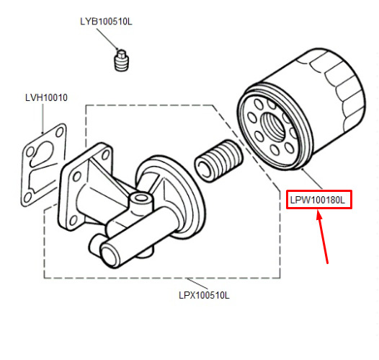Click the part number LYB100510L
click(106, 22)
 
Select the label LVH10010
click(46, 97)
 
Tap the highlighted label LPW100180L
click(318, 200)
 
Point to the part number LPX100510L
click(204, 295)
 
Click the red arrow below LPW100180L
click(323, 237)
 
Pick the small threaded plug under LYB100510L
click(122, 61)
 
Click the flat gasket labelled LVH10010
click(44, 165)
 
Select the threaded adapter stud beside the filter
click(218, 160)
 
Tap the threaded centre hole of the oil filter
click(274, 126)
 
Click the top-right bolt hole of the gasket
click(60, 132)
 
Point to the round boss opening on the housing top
click(141, 198)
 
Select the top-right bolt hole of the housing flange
click(105, 154)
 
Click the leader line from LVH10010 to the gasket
click(43, 118)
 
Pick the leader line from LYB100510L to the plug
click(108, 40)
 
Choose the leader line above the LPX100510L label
click(197, 284)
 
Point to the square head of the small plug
click(121, 53)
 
